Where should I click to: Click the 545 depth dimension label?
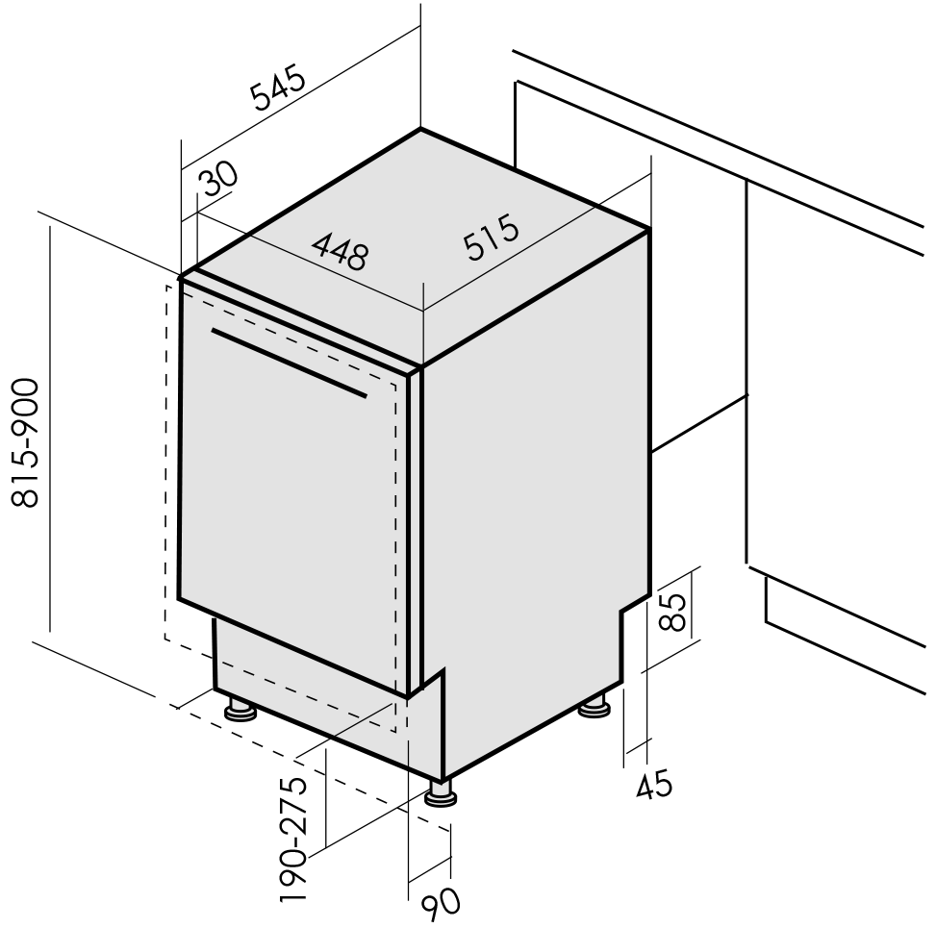278,89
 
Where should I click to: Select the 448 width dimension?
341,251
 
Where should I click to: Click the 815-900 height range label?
26,442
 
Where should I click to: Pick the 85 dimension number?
672,612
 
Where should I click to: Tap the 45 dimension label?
654,785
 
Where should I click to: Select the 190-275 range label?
292,839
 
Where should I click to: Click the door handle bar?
289,363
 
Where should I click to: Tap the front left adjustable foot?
240,710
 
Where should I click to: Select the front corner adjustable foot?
442,793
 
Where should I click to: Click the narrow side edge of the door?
415,531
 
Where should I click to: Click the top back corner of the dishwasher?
420,129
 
